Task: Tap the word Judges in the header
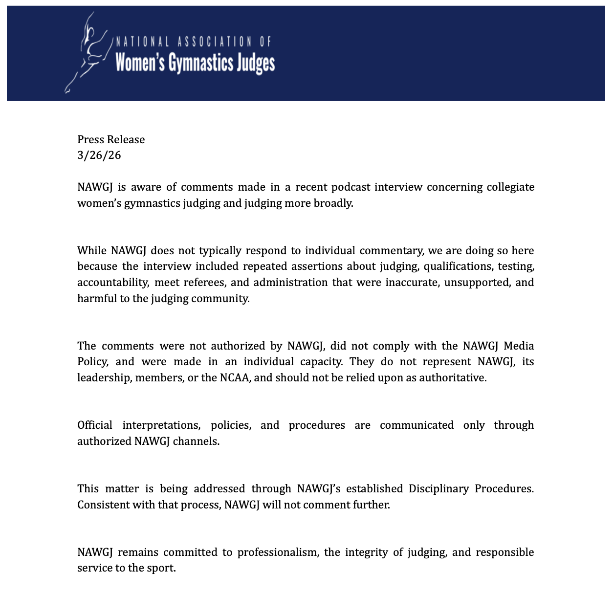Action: pos(256,63)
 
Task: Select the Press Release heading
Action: pos(111,139)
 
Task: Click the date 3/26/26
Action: pos(99,155)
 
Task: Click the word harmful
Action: pos(97,298)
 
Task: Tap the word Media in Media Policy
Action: pos(519,346)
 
